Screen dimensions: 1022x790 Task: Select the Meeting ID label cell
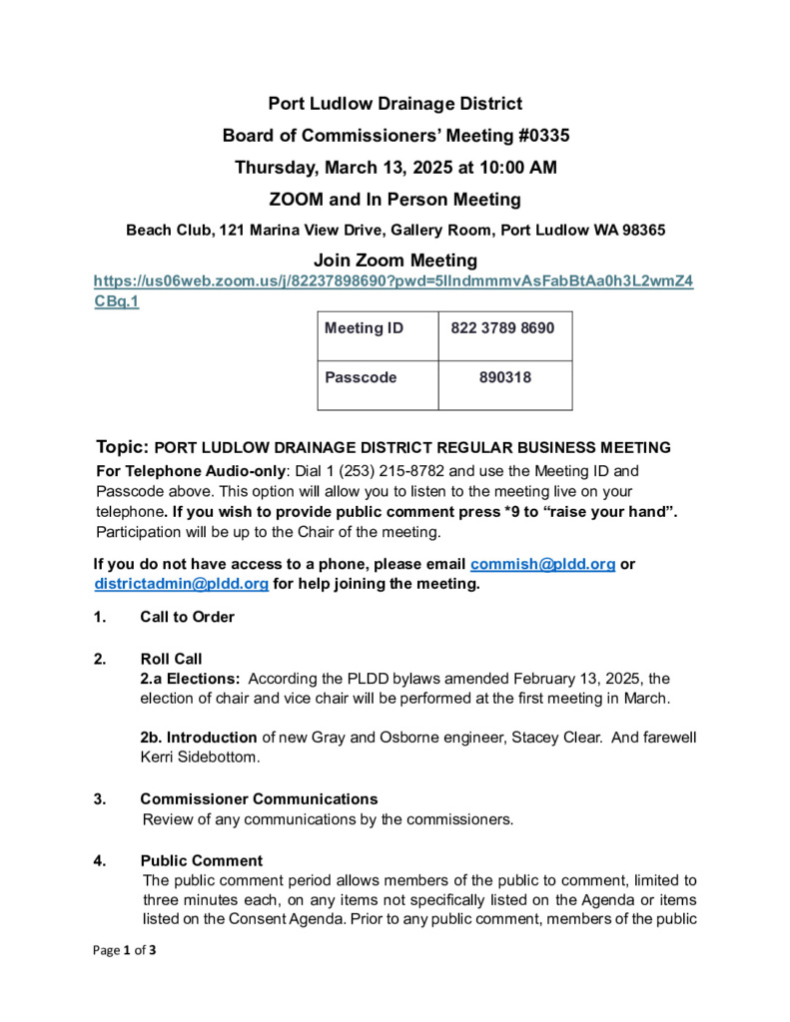click(x=365, y=328)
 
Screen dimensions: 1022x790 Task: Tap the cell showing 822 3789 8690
click(x=503, y=328)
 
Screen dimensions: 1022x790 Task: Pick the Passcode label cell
click(x=361, y=378)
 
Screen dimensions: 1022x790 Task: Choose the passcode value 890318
click(x=504, y=378)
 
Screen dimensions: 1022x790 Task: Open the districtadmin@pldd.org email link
click(x=182, y=584)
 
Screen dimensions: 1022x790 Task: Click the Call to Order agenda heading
click(x=187, y=617)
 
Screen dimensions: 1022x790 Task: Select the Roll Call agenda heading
click(x=171, y=659)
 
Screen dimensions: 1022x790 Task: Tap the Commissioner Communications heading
click(x=259, y=799)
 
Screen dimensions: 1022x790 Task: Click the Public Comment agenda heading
click(x=201, y=860)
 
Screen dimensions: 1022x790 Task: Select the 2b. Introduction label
click(x=199, y=738)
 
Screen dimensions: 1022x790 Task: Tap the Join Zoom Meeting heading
click(x=395, y=261)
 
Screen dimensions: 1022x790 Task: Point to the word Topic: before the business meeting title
click(x=123, y=446)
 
